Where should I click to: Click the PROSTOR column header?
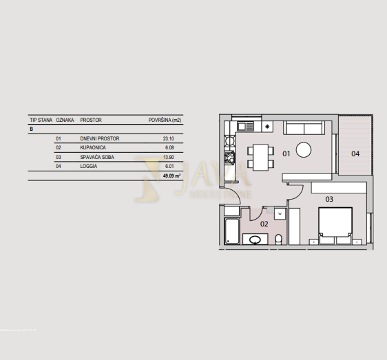coord(91,120)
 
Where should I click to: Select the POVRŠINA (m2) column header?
coord(165,120)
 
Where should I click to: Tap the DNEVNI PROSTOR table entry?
coord(100,138)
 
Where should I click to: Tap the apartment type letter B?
coord(31,129)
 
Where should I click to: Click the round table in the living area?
coord(304,150)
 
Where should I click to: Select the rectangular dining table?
coord(260,157)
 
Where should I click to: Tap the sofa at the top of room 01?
coord(304,128)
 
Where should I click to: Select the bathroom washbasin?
coord(256,240)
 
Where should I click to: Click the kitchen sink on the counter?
coord(246,127)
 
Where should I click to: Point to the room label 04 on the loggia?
coord(355,153)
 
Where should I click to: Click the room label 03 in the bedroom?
coord(329,199)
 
